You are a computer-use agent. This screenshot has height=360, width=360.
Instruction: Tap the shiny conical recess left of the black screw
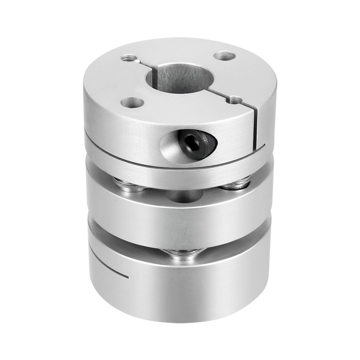tap(165, 144)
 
